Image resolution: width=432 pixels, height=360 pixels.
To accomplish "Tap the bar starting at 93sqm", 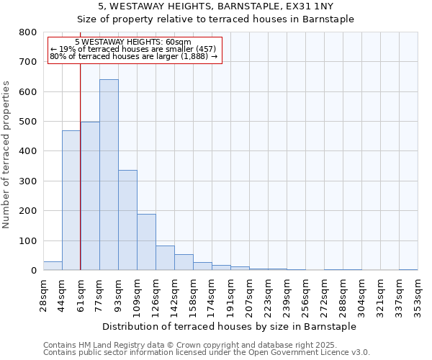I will pyautogui.click(x=127, y=220).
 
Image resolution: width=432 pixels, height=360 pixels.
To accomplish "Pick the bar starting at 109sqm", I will pyautogui.click(x=146, y=242).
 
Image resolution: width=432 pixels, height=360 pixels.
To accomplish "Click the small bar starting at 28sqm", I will pyautogui.click(x=53, y=266).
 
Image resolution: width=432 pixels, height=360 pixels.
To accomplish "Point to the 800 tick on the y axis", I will pyautogui.click(x=28, y=32).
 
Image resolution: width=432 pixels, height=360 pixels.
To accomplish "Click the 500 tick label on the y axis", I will pyautogui.click(x=28, y=122).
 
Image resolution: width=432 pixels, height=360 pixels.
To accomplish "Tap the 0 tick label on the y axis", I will pyautogui.click(x=33, y=271).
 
